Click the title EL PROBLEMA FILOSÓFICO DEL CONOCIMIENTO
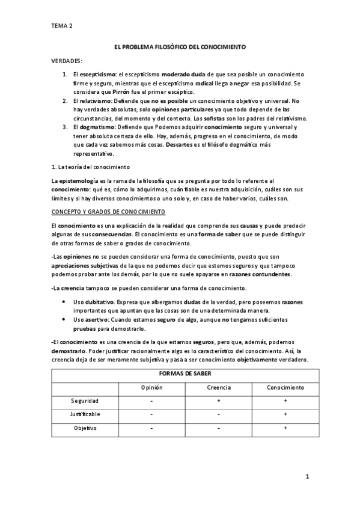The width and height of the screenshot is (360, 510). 180,47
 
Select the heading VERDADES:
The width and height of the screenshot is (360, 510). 66,61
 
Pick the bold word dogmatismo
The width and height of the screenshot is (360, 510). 94,127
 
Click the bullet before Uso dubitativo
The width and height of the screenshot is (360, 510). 64,302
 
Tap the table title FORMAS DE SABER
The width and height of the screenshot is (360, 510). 180,374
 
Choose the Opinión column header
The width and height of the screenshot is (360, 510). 152,387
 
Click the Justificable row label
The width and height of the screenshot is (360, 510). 85,414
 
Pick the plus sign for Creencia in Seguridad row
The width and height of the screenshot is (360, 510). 219,401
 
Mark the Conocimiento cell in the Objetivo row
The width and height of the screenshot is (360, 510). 285,428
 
